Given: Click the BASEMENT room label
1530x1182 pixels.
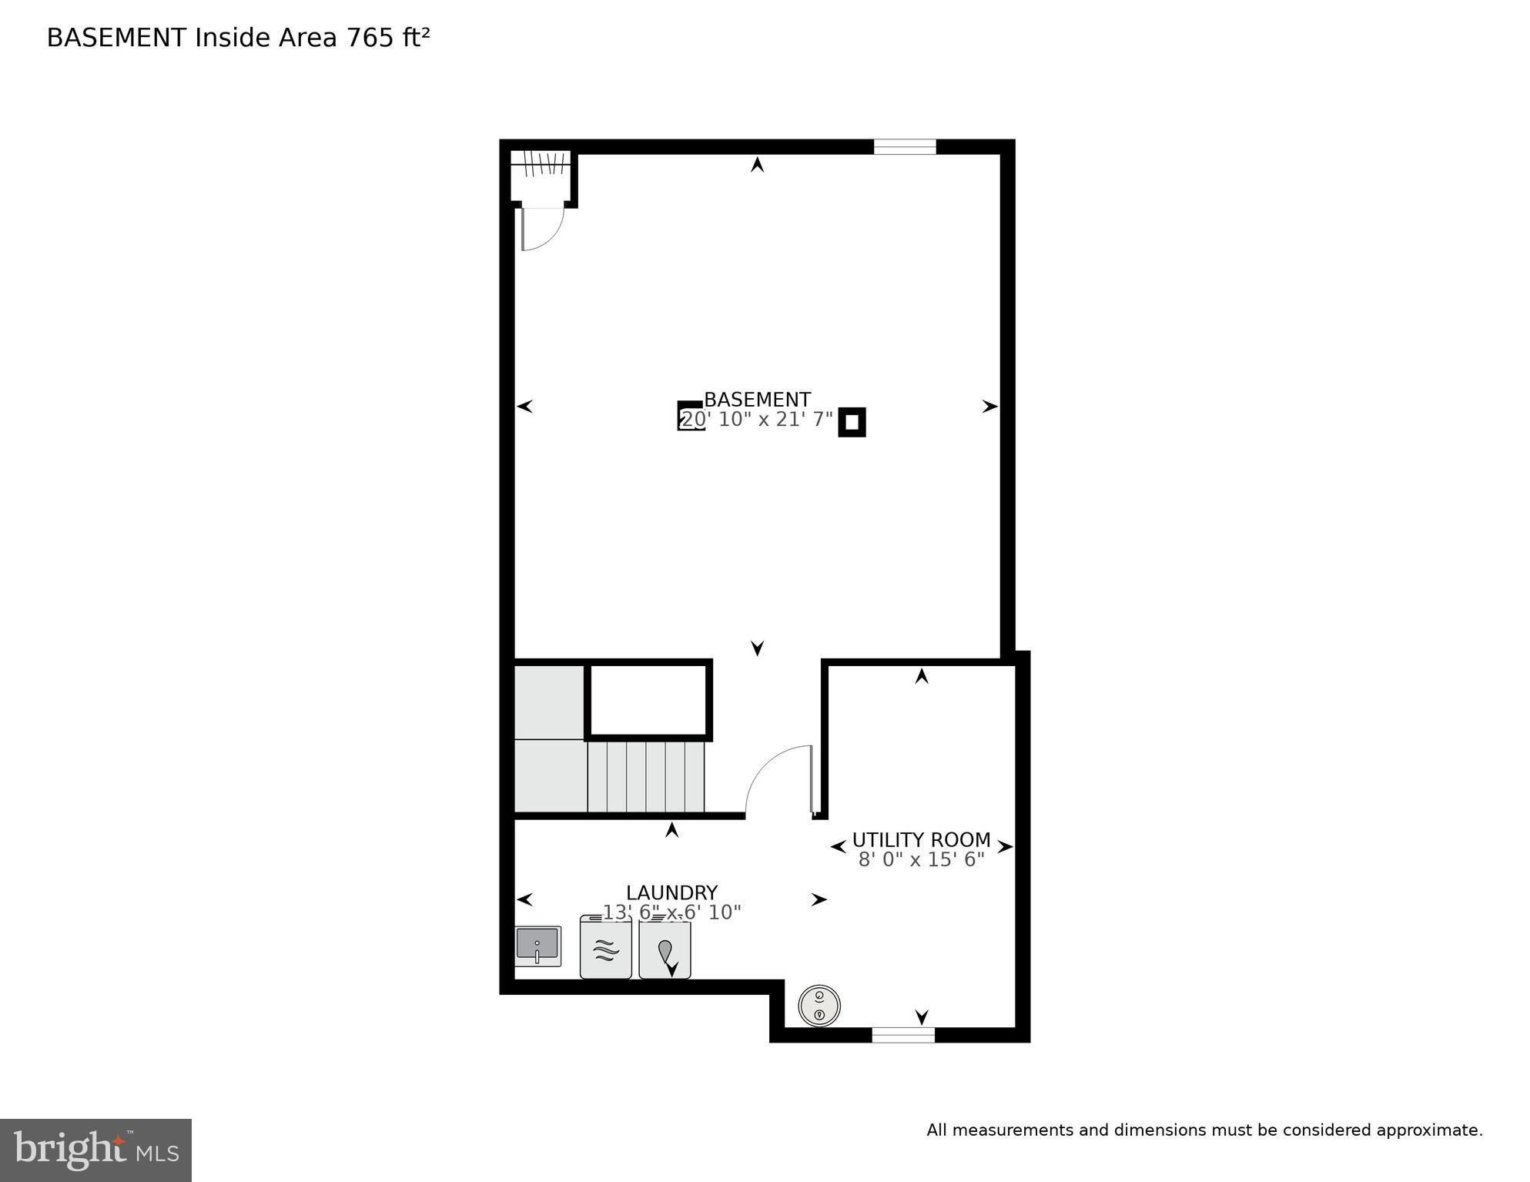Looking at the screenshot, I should click(x=757, y=400).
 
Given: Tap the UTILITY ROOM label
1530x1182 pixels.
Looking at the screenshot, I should click(x=921, y=840).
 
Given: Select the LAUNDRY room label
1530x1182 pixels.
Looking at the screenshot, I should click(x=671, y=893).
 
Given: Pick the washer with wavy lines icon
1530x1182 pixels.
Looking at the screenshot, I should click(x=606, y=948).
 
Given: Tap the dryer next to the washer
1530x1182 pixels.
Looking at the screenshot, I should click(x=665, y=951).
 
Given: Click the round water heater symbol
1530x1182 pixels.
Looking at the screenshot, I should click(x=819, y=1006).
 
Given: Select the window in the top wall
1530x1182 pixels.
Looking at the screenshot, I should click(x=904, y=147).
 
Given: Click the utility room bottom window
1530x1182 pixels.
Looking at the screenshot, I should click(x=903, y=1036).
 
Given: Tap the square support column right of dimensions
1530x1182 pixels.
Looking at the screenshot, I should click(x=852, y=422).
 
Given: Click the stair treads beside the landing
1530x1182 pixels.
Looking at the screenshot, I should click(x=646, y=776).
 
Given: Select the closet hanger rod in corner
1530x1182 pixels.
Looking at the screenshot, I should click(x=542, y=162).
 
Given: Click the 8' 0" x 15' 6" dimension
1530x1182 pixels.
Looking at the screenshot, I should click(x=921, y=859).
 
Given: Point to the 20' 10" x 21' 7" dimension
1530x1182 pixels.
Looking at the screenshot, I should click(x=757, y=420).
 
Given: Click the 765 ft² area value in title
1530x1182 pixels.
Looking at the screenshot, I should click(x=387, y=38).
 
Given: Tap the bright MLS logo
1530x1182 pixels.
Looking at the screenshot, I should click(x=95, y=1150).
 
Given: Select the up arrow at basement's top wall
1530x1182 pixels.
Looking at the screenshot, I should click(x=758, y=164).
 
